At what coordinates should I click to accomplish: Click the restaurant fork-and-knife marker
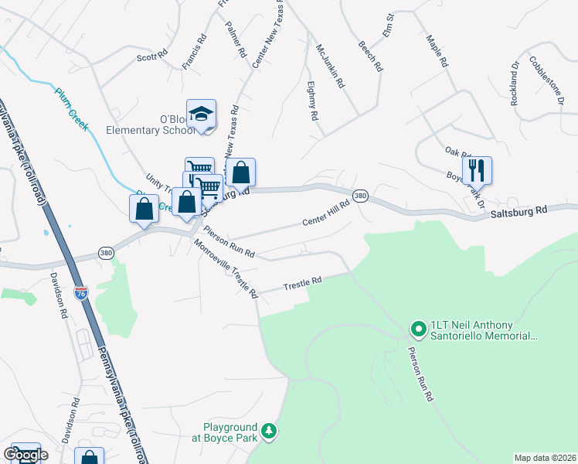click(x=477, y=169)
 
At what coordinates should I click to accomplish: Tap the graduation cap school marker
click(x=202, y=114)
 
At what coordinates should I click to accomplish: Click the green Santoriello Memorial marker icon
click(x=418, y=329)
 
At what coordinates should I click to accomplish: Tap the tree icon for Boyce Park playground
click(x=269, y=430)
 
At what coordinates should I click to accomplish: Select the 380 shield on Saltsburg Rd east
click(x=360, y=197)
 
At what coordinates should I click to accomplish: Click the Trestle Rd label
click(x=301, y=283)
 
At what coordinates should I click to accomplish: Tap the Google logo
click(x=25, y=455)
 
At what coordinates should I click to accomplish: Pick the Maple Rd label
click(x=437, y=49)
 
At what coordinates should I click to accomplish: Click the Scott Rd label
click(x=151, y=56)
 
